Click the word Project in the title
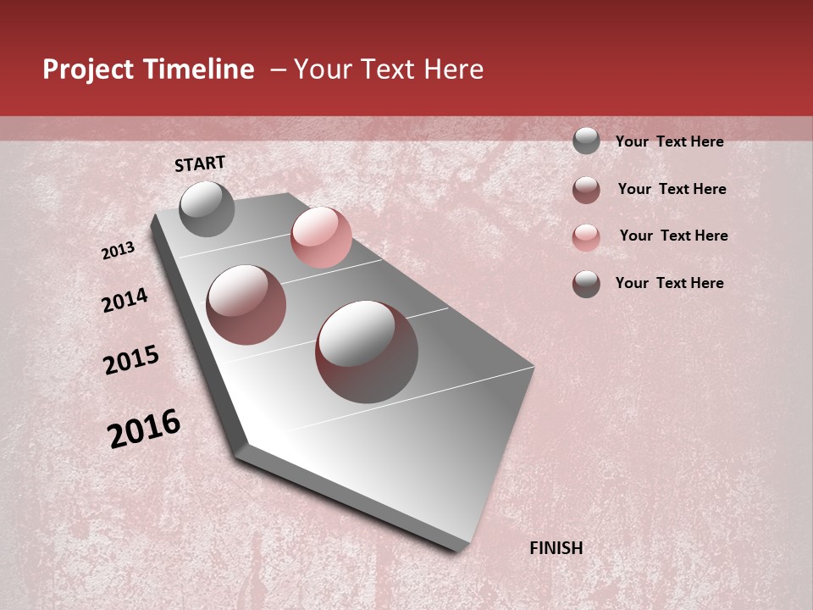[88, 70]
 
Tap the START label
[200, 164]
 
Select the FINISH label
[556, 548]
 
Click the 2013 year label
[119, 251]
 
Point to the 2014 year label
[125, 300]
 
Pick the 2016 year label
[144, 428]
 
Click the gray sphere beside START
[207, 208]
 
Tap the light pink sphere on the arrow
[321, 237]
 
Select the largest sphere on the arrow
[367, 352]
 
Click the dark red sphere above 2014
[246, 305]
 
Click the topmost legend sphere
[586, 141]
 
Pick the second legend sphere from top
[586, 190]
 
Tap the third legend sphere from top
[586, 237]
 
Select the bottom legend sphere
[586, 284]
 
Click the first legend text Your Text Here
[669, 141]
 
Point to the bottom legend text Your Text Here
[669, 283]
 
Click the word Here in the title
[454, 69]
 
